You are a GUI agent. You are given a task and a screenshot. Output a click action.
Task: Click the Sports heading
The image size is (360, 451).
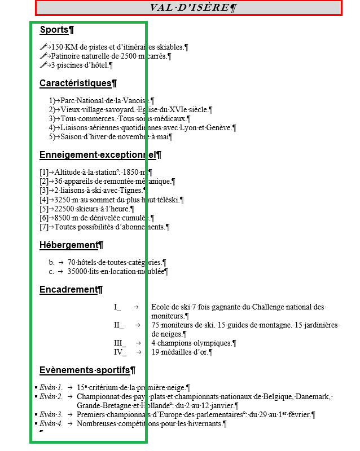(x=54, y=29)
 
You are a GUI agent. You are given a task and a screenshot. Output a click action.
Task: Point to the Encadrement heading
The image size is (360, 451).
(x=68, y=290)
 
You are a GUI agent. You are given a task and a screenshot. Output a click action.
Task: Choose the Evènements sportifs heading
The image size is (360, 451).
(x=85, y=370)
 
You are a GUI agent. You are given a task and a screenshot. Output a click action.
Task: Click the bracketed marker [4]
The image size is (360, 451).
(x=44, y=200)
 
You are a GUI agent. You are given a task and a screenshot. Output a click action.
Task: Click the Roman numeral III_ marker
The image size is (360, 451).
(x=120, y=343)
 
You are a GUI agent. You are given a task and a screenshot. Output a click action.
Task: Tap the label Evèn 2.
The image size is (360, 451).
(x=51, y=397)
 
